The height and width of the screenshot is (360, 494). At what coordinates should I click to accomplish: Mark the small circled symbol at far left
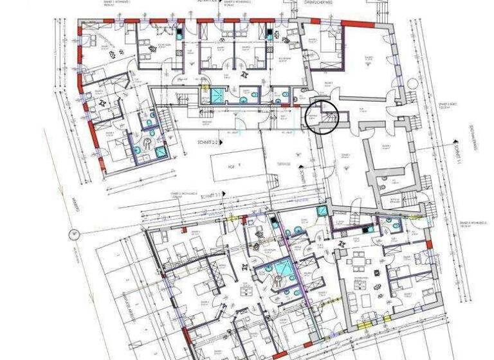(75, 233)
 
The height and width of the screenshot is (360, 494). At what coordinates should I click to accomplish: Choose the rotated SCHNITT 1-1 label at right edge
(459, 154)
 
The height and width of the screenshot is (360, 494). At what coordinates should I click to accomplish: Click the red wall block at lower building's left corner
(186, 335)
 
